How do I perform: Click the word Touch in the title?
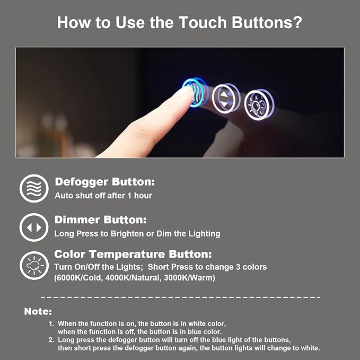[203, 22]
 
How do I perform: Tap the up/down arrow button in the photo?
[226, 98]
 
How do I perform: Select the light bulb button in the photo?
[259, 105]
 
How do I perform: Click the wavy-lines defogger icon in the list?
[34, 188]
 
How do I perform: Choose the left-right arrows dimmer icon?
[34, 227]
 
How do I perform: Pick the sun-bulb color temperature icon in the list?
[34, 266]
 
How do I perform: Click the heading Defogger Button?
[105, 182]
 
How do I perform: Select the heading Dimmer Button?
[101, 219]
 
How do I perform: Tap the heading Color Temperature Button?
[133, 254]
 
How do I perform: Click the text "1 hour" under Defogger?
[140, 196]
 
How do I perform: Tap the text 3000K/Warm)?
[190, 278]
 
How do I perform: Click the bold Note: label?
[38, 312]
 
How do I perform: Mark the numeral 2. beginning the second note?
[51, 340]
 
